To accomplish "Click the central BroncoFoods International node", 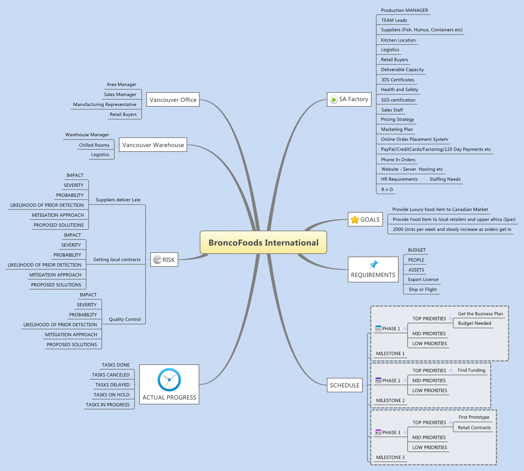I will [263, 243].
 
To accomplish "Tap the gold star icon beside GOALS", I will [355, 219].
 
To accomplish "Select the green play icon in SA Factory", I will [334, 100].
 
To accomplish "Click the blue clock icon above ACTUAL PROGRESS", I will [169, 380].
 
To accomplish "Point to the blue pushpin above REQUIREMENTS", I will [373, 264].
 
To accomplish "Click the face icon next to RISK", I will [157, 260].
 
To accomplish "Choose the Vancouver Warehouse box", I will [153, 145].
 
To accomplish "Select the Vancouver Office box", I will [173, 100].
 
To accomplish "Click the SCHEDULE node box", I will [345, 385].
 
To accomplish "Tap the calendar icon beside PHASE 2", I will [378, 380].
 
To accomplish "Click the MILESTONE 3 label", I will [390, 457].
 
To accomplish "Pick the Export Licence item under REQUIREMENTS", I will [423, 280].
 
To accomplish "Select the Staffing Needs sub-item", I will [445, 179].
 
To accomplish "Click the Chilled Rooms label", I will [94, 145].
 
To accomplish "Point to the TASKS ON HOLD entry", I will [111, 395].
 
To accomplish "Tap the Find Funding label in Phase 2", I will [471, 370].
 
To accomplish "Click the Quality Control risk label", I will [125, 319].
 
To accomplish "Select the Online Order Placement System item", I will [414, 139].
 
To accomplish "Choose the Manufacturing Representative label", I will [105, 105].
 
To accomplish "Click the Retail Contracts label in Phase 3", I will [474, 428].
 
